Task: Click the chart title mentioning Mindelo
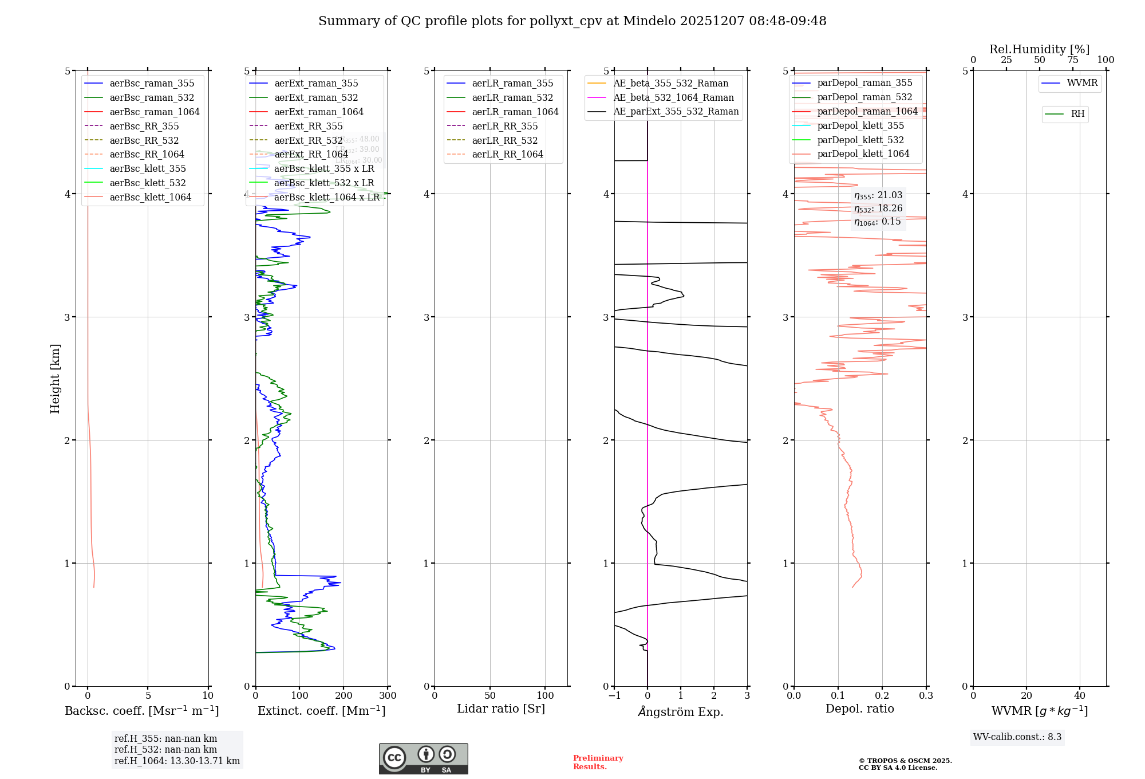point(572,21)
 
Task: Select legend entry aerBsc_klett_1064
point(150,198)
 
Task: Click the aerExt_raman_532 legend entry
point(316,98)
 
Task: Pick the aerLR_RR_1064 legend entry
point(507,155)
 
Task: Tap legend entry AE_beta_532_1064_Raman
point(673,98)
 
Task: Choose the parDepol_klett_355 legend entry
point(860,126)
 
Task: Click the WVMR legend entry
point(1082,83)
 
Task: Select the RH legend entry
point(1077,114)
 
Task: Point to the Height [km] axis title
point(55,379)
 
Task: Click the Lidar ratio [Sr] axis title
point(501,709)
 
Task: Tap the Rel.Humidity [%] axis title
point(1039,49)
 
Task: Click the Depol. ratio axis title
point(859,709)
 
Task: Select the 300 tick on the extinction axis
point(388,696)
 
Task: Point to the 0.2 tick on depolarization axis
point(882,696)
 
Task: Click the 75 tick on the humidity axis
point(1072,60)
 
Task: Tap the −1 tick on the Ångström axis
point(614,696)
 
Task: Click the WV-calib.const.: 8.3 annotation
point(1017,737)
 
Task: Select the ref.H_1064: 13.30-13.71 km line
point(177,761)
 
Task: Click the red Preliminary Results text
point(598,762)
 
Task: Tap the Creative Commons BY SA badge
point(423,759)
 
